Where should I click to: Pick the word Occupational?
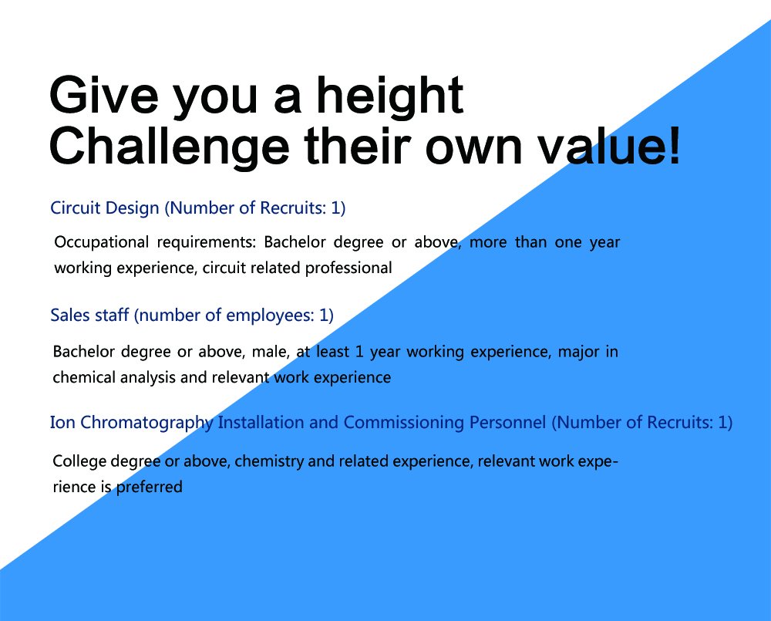101,243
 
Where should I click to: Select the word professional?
348,268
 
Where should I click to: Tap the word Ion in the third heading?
62,422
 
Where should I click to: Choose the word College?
79,462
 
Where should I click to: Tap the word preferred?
149,487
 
